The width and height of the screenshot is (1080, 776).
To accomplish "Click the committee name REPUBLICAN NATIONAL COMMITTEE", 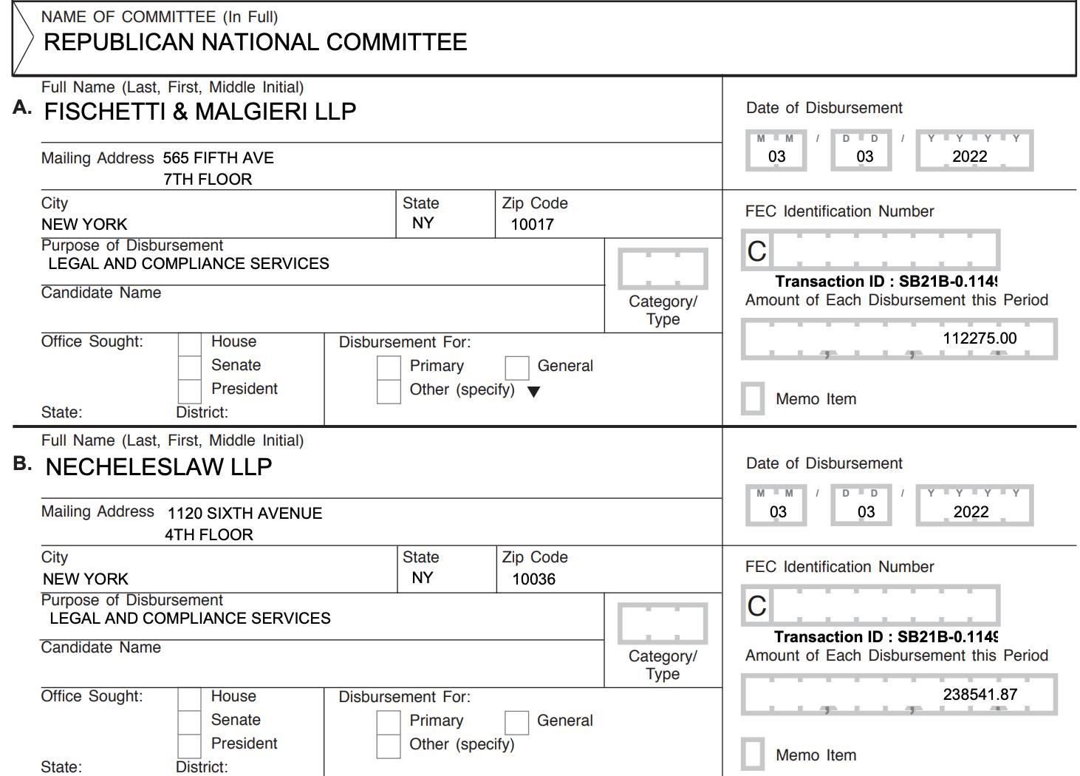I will coord(255,42).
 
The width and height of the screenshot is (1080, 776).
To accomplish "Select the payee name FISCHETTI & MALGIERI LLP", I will coord(199,112).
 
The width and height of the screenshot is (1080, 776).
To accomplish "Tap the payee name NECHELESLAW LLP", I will coord(158,467).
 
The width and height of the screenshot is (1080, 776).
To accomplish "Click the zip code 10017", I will coord(532,225).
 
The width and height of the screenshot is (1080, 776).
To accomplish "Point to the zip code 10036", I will coord(533,579).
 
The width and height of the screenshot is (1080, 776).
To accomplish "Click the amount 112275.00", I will coord(979,338).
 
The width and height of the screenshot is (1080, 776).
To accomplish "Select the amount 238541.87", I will coord(980,695).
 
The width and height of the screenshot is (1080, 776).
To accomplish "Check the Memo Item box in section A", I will coord(753,398).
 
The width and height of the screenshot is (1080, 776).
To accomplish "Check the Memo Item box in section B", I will coord(753,755).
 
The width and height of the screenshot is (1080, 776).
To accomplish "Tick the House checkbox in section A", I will coord(190,344).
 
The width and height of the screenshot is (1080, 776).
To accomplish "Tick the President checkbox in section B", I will coord(190,745).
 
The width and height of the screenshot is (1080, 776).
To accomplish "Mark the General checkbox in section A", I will coord(517,367).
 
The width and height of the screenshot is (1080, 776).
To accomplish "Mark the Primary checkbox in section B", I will coord(389,722).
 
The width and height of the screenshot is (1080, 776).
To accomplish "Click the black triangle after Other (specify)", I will coord(533,392).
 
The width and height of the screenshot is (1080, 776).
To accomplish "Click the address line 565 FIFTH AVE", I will coord(218,158).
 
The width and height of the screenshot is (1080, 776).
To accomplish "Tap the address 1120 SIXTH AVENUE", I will coord(245,514).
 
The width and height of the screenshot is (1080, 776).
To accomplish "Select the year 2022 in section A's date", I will coord(969,157).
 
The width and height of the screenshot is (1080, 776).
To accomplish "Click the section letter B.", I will coord(22,464).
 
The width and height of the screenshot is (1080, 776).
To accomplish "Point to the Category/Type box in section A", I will coord(663,269).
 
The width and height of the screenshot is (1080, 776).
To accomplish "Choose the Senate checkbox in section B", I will coord(190,721).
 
